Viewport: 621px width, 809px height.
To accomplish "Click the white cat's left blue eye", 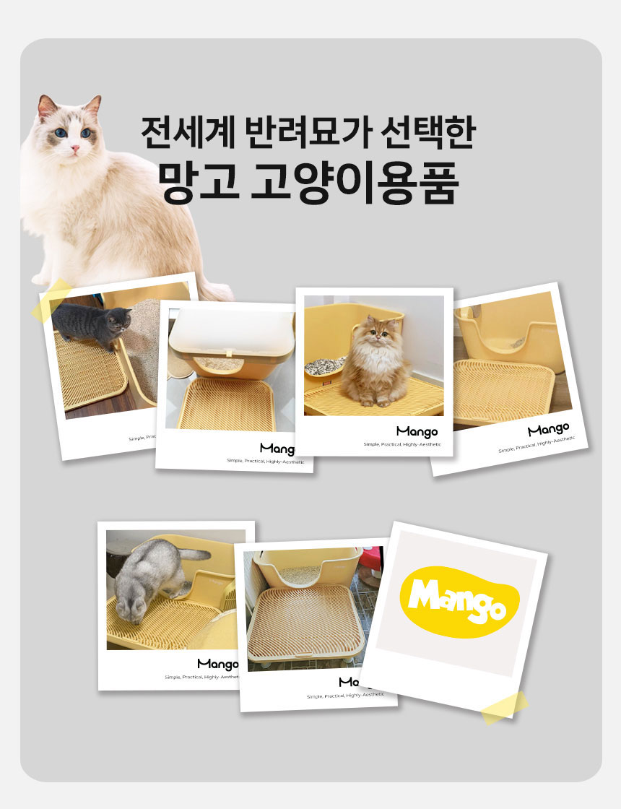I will pos(61,133).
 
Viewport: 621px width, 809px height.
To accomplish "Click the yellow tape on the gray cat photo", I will pos(51,299).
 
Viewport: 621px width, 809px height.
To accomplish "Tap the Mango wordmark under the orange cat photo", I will pos(417,432).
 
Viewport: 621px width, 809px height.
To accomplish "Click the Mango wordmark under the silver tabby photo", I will pos(217,664).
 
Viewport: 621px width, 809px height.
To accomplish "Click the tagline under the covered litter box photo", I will pos(265,461).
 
